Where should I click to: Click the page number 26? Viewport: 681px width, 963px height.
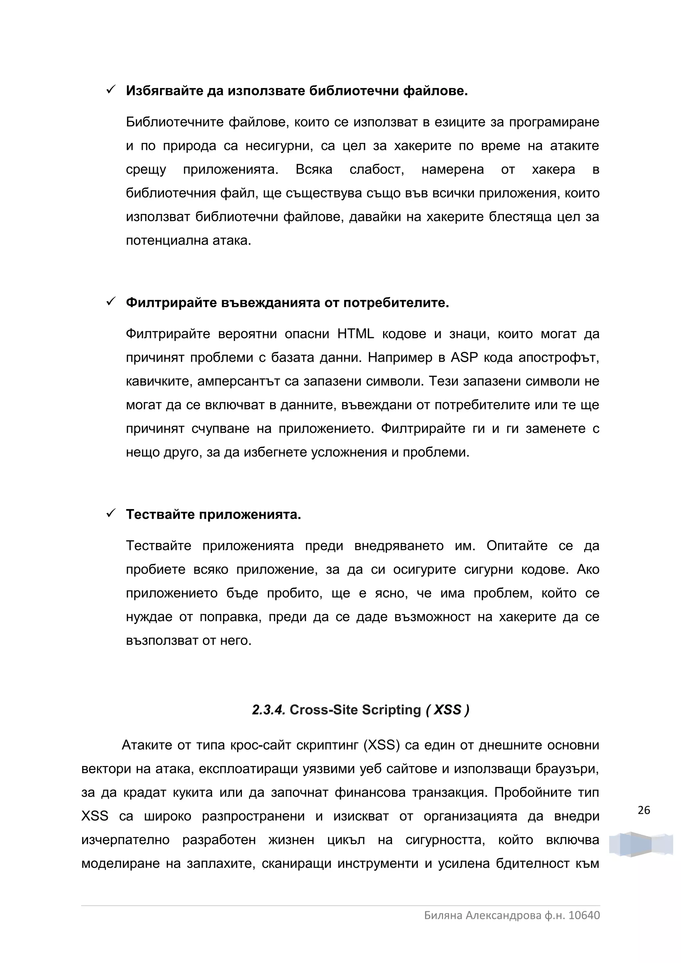[644, 810]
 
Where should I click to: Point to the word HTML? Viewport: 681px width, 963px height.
[355, 334]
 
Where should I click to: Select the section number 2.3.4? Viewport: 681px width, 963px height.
[269, 710]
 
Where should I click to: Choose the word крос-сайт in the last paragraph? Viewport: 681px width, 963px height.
[260, 745]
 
